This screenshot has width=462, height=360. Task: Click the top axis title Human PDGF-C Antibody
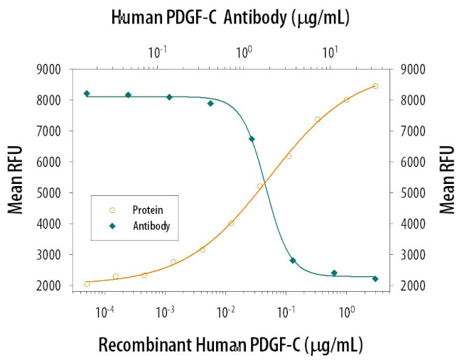tap(230, 18)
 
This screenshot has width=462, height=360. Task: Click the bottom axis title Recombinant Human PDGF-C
tap(230, 345)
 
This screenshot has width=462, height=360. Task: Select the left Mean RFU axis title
tap(15, 180)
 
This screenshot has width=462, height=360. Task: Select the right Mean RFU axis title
tap(447, 180)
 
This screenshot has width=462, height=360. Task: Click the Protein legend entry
tap(147, 209)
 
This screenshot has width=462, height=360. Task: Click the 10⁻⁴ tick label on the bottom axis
tap(105, 311)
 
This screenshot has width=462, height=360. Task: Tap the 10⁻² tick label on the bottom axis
tap(226, 311)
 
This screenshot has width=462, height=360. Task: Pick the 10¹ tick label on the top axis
tap(329, 52)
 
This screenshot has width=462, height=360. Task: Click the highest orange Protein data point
tap(375, 86)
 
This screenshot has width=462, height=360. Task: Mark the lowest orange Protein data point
tap(87, 283)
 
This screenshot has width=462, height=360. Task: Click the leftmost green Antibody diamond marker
tap(87, 94)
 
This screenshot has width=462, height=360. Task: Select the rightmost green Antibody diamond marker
tap(375, 278)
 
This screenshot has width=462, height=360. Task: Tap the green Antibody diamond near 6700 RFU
tap(252, 139)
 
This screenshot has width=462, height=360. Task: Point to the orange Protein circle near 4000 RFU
tap(231, 223)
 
